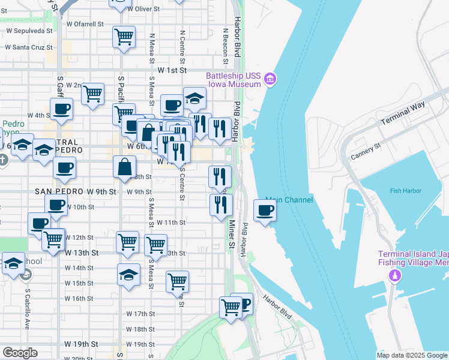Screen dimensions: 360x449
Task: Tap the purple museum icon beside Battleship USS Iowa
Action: [x=270, y=79]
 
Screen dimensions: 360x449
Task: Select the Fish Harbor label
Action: [x=405, y=191]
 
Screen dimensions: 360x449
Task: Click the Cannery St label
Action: [x=366, y=152]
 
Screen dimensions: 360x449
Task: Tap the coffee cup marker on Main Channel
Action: [x=264, y=210]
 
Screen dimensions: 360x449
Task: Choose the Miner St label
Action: [x=231, y=234]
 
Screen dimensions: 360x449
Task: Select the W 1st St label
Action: [x=170, y=70]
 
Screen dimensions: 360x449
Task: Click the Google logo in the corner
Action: [x=19, y=353]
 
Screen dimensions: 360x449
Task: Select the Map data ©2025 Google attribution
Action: [x=412, y=355]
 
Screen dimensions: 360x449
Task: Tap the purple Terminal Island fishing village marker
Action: [x=394, y=275]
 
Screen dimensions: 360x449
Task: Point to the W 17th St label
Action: [x=140, y=314]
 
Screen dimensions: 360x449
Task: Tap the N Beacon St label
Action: [x=226, y=45]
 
